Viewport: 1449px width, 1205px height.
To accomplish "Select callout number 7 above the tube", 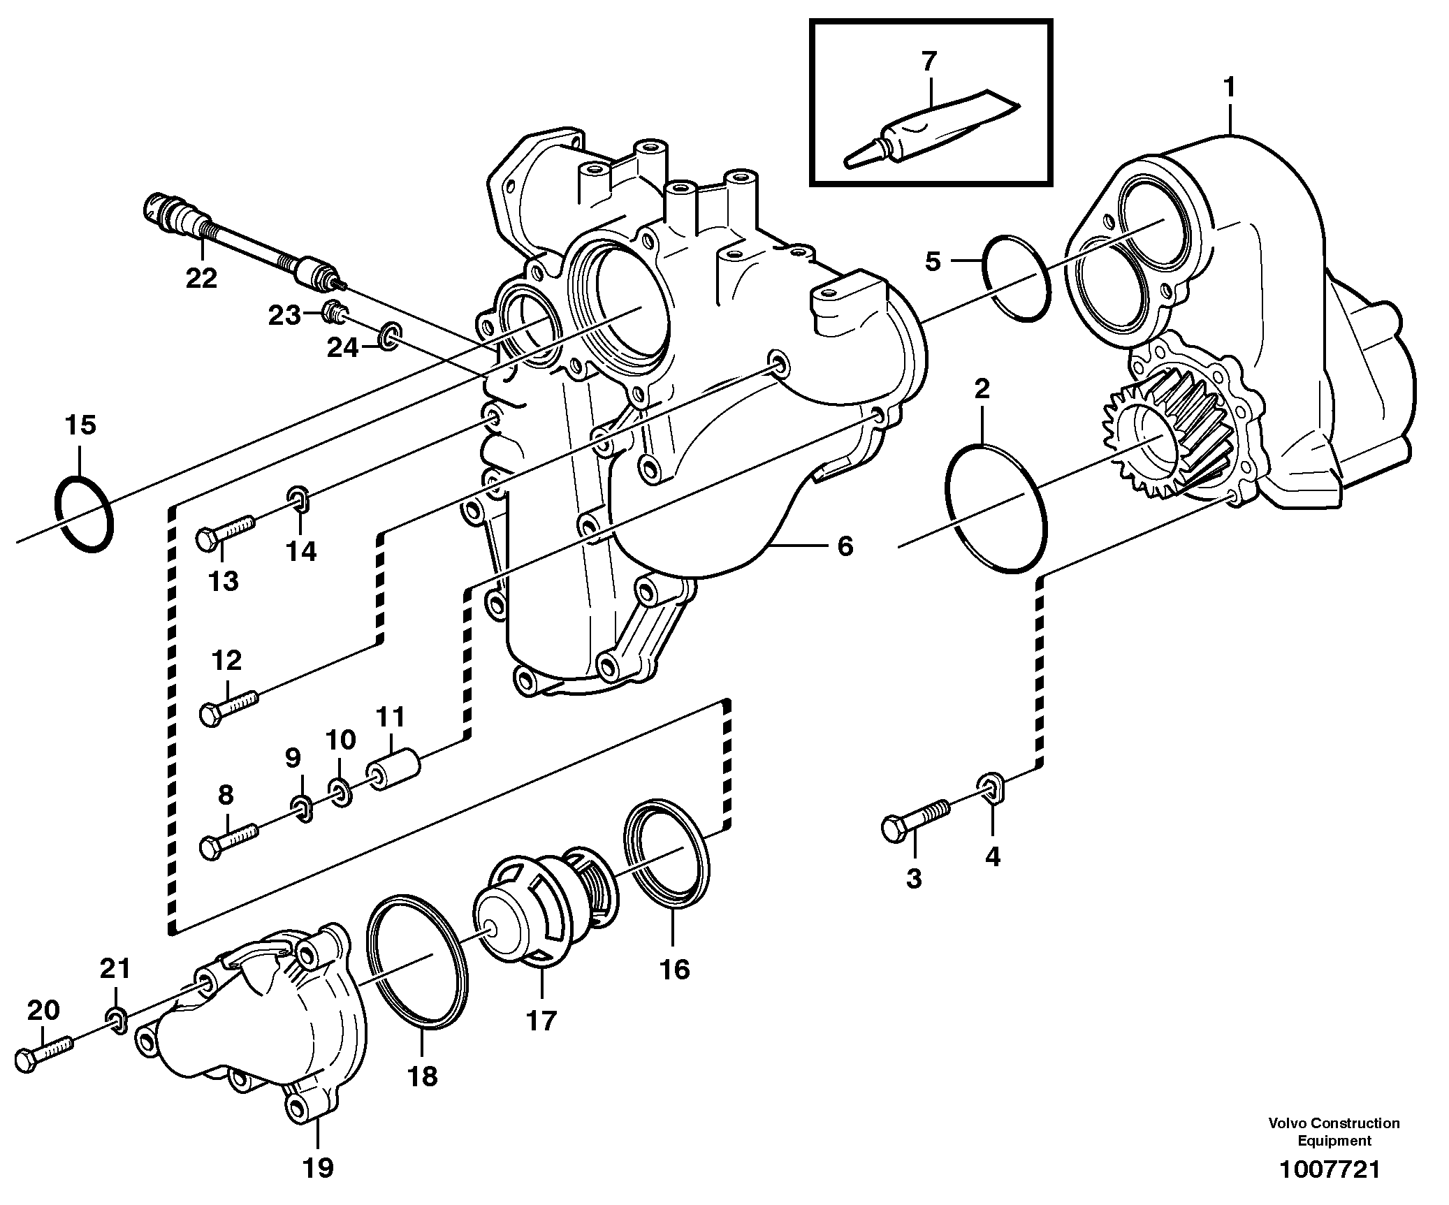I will [x=928, y=62].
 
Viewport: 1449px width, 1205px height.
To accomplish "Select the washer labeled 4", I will [x=991, y=787].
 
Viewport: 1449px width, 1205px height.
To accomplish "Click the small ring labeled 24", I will [x=390, y=338].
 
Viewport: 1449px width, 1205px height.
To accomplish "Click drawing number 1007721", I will [x=1329, y=1169].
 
